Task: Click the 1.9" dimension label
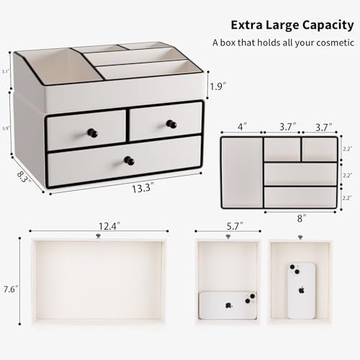[x=217, y=87]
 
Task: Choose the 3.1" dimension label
[x=5, y=71]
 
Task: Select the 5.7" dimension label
[x=228, y=225]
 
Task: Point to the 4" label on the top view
[x=242, y=127]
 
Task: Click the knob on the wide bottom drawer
[x=129, y=160]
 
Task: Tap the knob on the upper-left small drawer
[x=91, y=132]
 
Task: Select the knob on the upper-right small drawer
[x=171, y=124]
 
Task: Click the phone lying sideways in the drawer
[x=228, y=305]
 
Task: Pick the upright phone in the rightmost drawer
[x=302, y=290]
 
